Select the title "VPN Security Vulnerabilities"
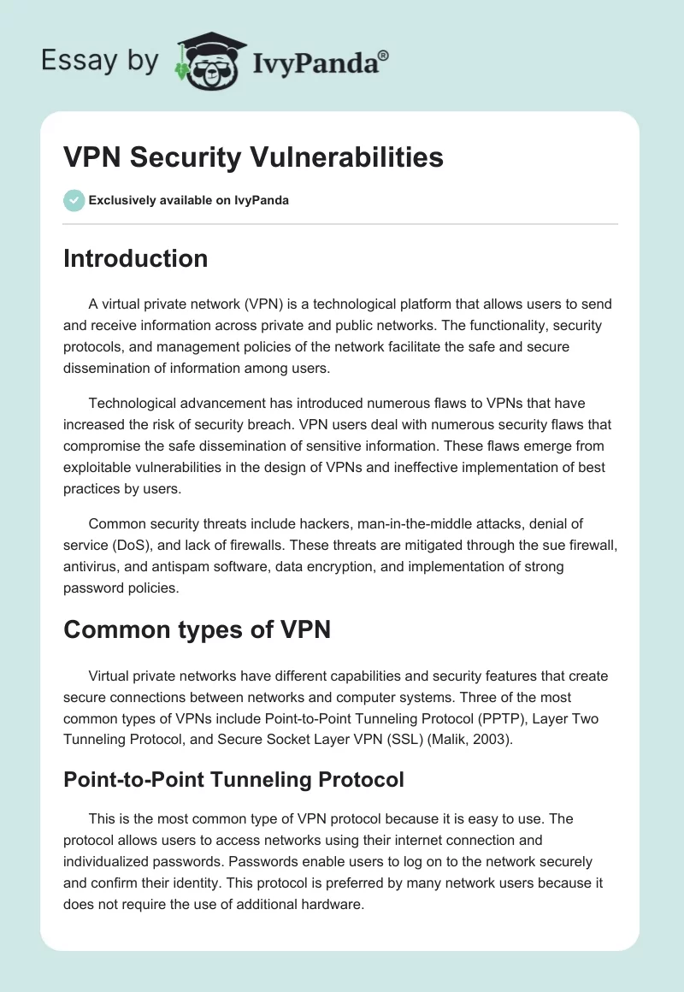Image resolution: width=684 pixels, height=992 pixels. [x=253, y=157]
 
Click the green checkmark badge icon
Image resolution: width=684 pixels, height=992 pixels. [x=74, y=200]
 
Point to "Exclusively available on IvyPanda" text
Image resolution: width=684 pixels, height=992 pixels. [x=188, y=201]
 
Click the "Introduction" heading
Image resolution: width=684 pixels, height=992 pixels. [x=135, y=258]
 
